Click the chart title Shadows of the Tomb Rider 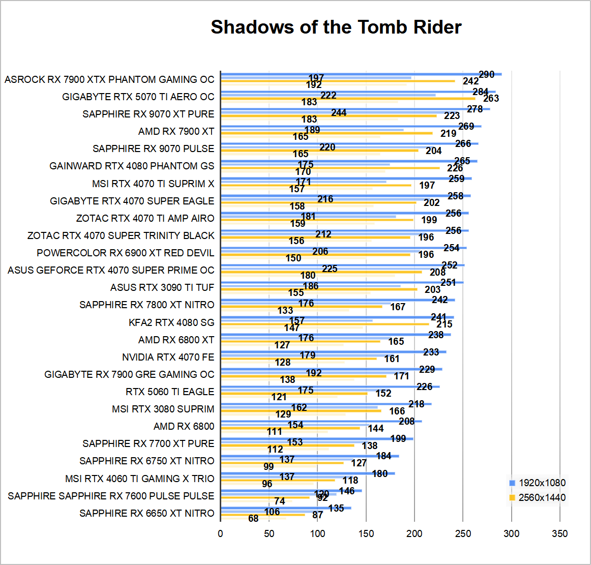coord(336,27)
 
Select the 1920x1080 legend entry coord(538,483)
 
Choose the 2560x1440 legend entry coord(538,497)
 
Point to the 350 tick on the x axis coord(559,533)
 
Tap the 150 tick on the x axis coord(366,533)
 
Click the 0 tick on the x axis coord(220,533)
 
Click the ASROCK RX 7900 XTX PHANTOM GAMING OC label coord(109,79)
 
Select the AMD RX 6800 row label coord(184,426)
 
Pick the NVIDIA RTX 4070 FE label coord(168,357)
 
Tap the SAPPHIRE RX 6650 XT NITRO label coord(146,513)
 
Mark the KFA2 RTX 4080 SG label coord(171,322)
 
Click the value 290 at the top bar coord(487,74)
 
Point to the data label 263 coord(491,98)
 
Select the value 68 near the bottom coord(253,518)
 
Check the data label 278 coord(475,109)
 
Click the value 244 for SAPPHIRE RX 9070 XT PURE coord(339,112)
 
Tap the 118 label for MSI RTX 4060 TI coord(350,480)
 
